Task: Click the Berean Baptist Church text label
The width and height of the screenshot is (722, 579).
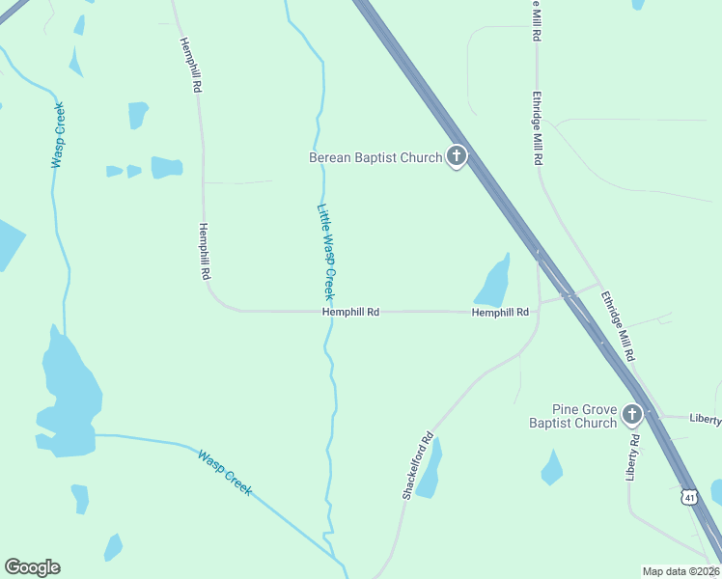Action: (x=375, y=157)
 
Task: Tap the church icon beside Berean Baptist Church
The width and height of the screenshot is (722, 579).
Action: (x=456, y=157)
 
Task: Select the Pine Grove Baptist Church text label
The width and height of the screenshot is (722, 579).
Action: (x=571, y=416)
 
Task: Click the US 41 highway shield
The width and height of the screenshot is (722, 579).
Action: (x=688, y=496)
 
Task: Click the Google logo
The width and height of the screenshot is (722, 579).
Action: (x=32, y=567)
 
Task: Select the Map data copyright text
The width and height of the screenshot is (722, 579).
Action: (x=681, y=571)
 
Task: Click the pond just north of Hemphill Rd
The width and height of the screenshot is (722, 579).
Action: (x=493, y=283)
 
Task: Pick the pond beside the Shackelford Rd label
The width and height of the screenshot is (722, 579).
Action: (x=430, y=469)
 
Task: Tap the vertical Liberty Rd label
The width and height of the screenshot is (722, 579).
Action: (x=633, y=456)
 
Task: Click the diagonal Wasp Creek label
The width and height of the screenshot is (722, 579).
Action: (x=225, y=472)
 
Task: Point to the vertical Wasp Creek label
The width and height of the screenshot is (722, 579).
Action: (x=58, y=135)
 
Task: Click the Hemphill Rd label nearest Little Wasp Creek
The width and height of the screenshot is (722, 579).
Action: (x=350, y=312)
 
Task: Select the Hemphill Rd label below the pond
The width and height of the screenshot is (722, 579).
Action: (x=500, y=312)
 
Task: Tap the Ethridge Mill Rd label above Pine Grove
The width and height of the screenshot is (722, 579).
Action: (x=617, y=326)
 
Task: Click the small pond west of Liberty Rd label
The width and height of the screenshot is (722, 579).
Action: (x=552, y=469)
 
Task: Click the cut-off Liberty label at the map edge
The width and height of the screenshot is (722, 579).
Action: (x=705, y=419)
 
